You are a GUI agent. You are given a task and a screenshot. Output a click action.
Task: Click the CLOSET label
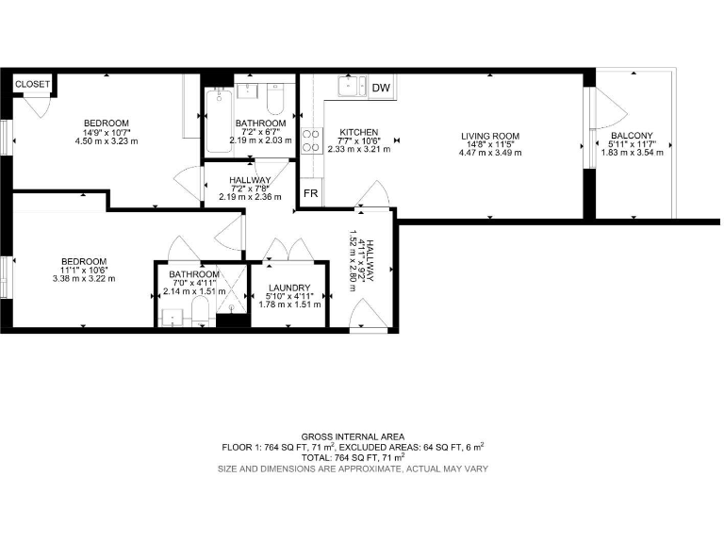tap(32, 84)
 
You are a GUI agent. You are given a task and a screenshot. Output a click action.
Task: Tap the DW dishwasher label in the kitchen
tap(381, 89)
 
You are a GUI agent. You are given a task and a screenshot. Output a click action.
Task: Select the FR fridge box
tap(310, 195)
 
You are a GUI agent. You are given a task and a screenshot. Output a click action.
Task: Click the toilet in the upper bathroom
tap(275, 99)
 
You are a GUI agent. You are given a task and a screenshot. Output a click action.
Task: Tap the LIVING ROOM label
tap(490, 137)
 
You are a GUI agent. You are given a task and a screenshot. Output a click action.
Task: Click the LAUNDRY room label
tap(288, 288)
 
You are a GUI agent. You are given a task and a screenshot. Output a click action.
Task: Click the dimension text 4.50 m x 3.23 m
tap(107, 141)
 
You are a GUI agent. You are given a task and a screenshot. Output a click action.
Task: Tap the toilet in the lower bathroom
tap(200, 313)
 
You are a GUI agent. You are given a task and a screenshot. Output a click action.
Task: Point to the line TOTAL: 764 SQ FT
tap(354, 457)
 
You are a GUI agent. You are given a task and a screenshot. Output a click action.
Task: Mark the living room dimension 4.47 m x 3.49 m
tap(490, 153)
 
